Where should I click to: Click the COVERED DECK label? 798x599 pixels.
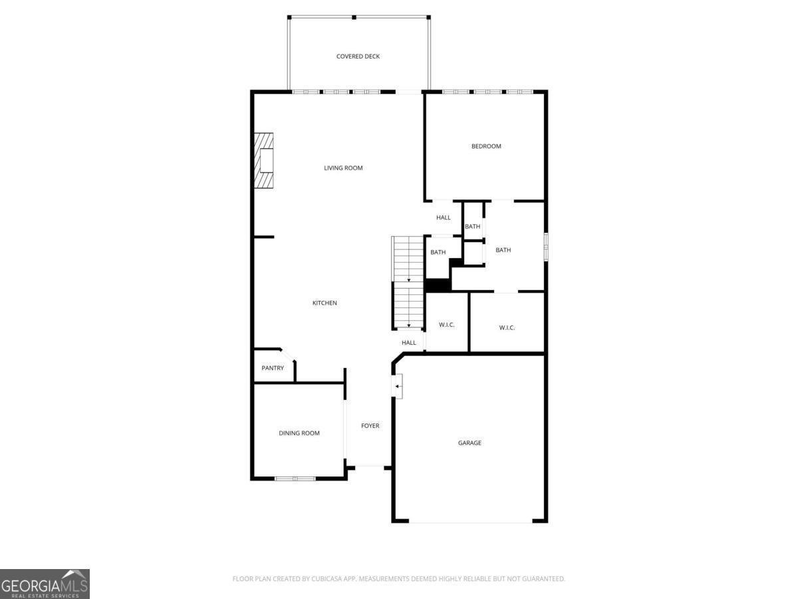[x=358, y=57]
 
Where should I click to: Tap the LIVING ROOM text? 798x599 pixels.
[x=343, y=168]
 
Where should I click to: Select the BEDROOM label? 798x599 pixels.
[x=486, y=146]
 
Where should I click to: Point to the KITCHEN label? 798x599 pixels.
[x=325, y=303]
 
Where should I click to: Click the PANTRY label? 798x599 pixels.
[x=273, y=368]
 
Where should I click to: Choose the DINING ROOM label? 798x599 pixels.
[x=299, y=433]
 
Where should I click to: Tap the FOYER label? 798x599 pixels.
[x=370, y=426]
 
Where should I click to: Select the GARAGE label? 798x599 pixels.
[x=469, y=443]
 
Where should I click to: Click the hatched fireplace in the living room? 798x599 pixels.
[x=263, y=160]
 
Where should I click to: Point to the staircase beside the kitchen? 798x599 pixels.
[x=408, y=283]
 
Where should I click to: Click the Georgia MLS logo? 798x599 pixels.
[x=45, y=584]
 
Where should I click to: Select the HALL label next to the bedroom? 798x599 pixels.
[x=443, y=218]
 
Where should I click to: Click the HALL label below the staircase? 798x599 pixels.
[x=408, y=343]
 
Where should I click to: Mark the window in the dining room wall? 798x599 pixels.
[x=295, y=478]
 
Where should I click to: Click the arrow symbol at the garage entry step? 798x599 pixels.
[x=398, y=386]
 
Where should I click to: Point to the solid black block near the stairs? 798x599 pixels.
[x=438, y=285]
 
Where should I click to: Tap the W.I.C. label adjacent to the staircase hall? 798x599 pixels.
[x=446, y=325]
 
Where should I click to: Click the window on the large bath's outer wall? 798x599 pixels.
[x=545, y=245]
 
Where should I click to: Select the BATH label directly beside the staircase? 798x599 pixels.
[x=438, y=252]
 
